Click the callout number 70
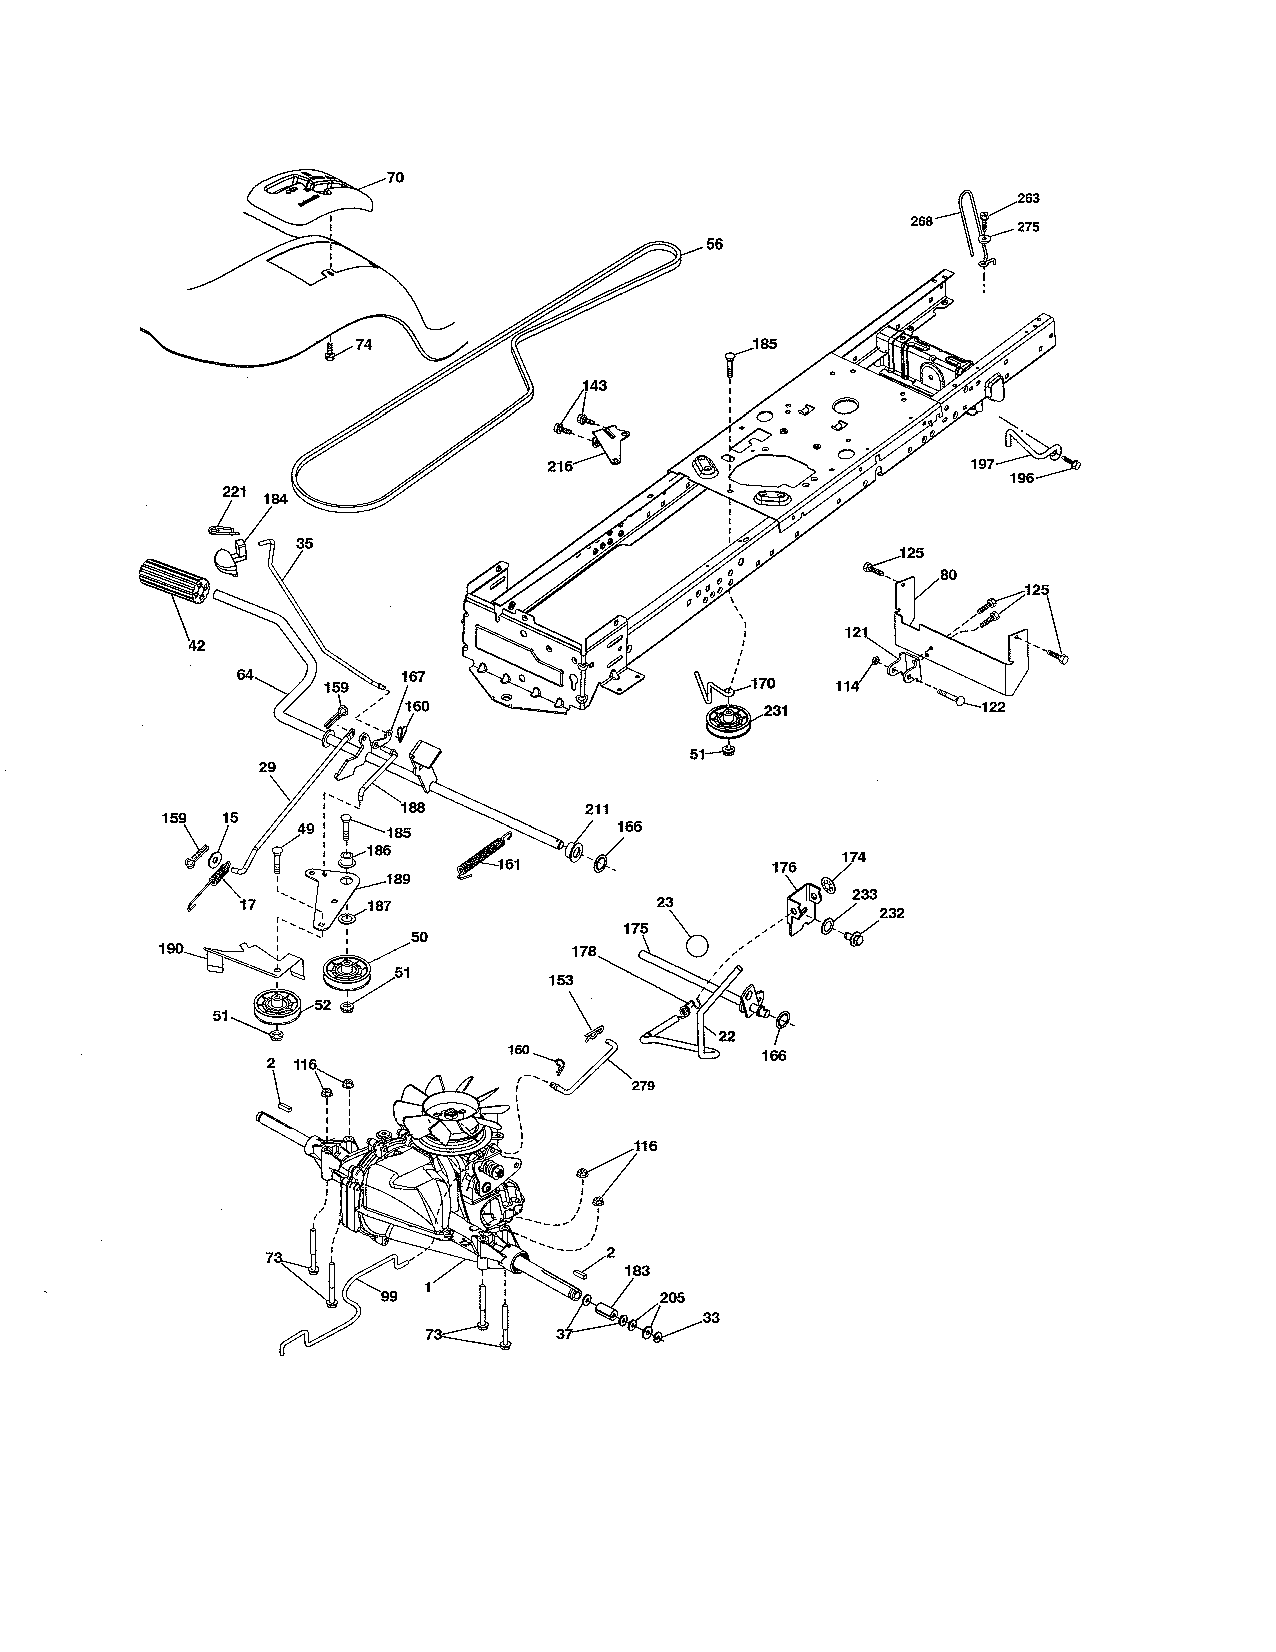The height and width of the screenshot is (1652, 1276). coord(395,178)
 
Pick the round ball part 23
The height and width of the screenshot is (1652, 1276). coord(697,946)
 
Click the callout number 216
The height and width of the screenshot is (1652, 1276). coord(560,466)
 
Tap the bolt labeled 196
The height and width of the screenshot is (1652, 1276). coord(1072,462)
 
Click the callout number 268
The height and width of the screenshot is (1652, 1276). coord(921,222)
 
